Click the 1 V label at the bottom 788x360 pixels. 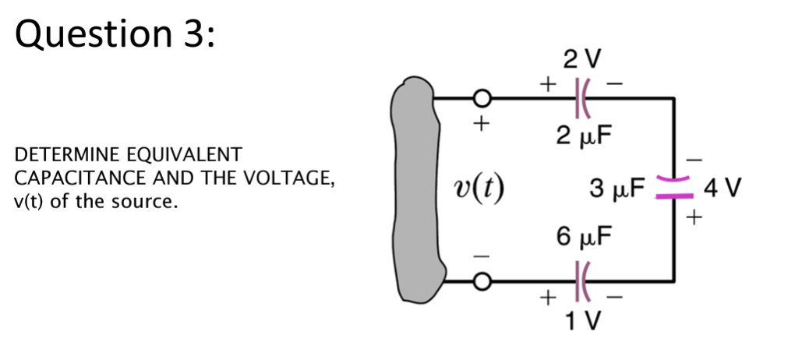point(578,320)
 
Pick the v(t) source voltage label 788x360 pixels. point(479,188)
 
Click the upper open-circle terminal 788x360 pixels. point(482,98)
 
